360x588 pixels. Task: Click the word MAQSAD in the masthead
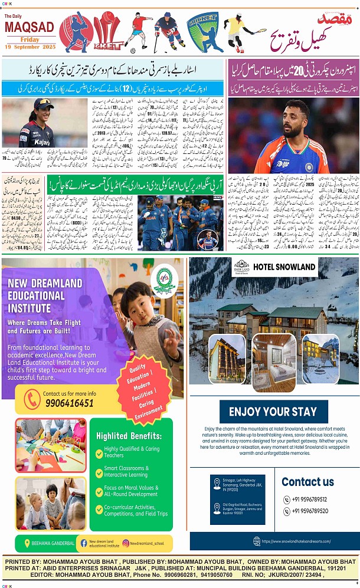30,27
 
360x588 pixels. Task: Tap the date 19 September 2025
30,47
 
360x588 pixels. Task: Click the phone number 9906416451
68,403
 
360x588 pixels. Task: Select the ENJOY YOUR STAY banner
273,411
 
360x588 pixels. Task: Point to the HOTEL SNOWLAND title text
284,267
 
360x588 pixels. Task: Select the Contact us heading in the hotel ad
307,482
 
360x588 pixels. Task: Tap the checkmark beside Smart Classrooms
99,471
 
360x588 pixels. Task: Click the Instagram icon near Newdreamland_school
126,543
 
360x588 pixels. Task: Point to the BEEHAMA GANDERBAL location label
53,543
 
